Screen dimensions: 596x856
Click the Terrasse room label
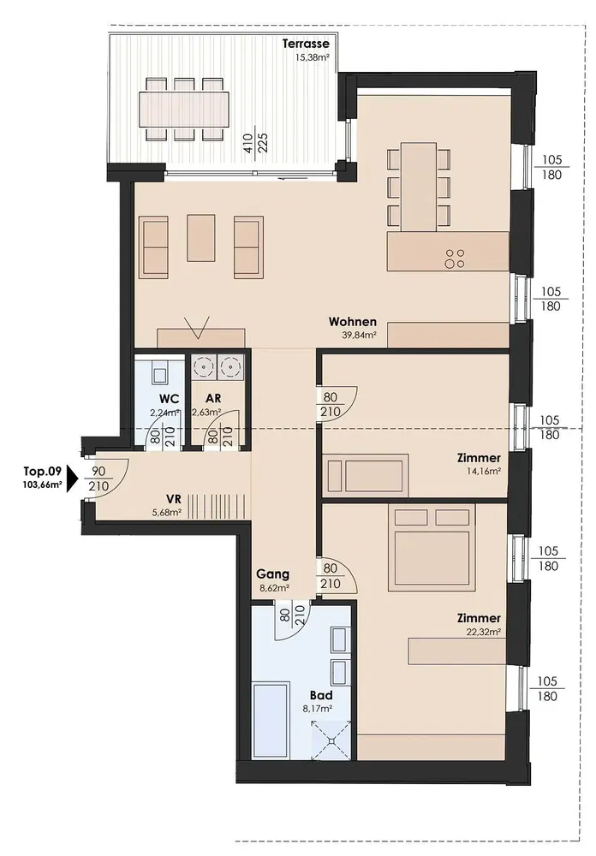306,44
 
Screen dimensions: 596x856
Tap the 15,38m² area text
313,56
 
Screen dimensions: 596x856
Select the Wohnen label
352,322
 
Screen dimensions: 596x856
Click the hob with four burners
455,259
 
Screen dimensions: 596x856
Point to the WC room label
170,399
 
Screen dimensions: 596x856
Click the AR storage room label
213,399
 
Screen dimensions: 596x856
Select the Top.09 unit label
41,471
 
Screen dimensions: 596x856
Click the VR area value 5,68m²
167,513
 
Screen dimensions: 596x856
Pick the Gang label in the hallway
272,574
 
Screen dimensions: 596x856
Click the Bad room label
321,695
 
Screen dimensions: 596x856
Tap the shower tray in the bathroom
331,740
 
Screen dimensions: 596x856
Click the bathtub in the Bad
271,720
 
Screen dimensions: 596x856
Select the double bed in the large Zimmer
432,548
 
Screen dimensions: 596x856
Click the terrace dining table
183,110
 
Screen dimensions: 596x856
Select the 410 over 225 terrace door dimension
256,143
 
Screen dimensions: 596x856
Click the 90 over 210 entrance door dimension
98,479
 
